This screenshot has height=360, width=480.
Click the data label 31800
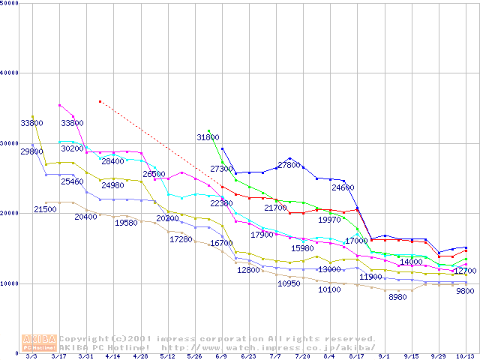coord(208,138)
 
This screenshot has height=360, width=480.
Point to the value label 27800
coord(289,165)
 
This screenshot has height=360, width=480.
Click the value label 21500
coord(45,209)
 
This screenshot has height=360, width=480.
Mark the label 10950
coord(289,284)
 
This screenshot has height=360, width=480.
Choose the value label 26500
coord(154,174)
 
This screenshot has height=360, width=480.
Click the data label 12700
coord(465,271)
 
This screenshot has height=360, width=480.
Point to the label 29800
coord(31,151)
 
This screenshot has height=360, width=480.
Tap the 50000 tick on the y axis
coord(9,3)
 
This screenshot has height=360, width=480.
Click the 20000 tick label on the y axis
coord(9,213)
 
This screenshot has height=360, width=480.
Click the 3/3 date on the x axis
coord(31,356)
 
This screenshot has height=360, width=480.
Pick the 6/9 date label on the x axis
coord(220,356)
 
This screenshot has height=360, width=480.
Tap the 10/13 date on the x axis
coord(465,356)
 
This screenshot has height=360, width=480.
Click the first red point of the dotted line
coord(100,100)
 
